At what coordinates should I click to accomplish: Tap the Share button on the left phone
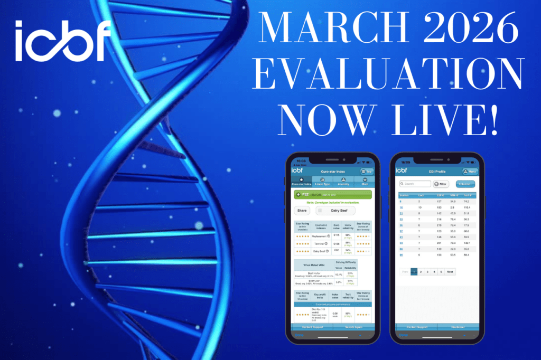click(x=302, y=210)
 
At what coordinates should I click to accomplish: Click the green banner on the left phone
click(x=332, y=194)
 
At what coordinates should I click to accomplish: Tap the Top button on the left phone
click(x=366, y=172)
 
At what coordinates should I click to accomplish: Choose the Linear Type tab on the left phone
click(x=322, y=182)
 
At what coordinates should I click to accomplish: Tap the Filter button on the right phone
click(x=441, y=184)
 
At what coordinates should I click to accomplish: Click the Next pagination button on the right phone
click(x=450, y=272)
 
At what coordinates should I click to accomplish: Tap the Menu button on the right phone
click(x=470, y=172)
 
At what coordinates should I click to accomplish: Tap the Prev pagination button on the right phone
click(x=405, y=272)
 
